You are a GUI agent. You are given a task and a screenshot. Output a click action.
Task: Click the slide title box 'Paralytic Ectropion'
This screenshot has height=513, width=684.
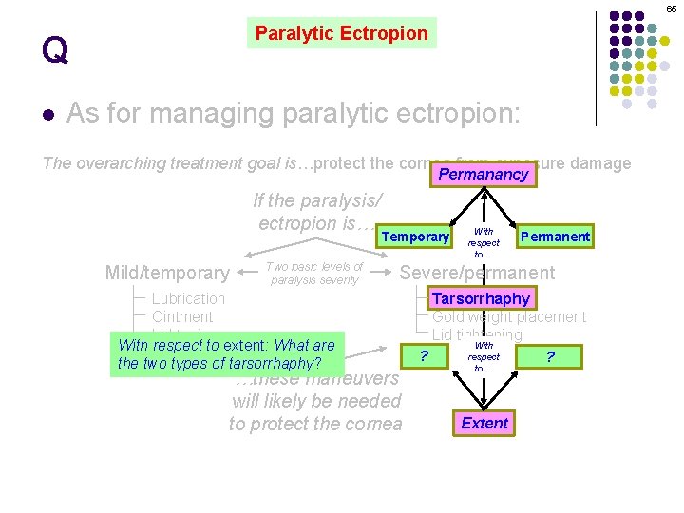(x=342, y=33)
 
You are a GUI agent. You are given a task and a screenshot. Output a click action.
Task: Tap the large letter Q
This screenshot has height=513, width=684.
(x=55, y=49)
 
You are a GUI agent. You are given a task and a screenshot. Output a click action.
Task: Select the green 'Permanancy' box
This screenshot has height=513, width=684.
(x=483, y=174)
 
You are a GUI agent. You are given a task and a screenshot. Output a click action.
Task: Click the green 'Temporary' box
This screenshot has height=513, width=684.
(x=415, y=237)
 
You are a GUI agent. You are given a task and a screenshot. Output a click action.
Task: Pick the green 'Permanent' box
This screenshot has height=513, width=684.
(x=555, y=236)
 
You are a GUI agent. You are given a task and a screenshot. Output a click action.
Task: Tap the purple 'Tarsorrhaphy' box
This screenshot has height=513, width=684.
(x=481, y=298)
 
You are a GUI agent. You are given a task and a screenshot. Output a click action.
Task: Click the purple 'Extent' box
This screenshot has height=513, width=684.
(x=484, y=423)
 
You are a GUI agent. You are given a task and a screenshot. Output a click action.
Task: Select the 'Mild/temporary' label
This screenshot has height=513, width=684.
(x=167, y=274)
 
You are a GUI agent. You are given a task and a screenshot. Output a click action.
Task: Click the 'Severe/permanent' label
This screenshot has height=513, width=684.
(x=477, y=273)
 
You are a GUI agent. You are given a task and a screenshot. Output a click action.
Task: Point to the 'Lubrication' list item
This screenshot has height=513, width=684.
(x=188, y=298)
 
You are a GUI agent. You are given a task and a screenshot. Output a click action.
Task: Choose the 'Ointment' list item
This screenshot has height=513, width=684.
(x=182, y=316)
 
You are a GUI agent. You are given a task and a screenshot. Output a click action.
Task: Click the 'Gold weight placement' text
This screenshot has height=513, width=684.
(x=509, y=316)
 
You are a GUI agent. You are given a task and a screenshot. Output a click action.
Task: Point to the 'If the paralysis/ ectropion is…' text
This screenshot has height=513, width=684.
(x=315, y=212)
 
